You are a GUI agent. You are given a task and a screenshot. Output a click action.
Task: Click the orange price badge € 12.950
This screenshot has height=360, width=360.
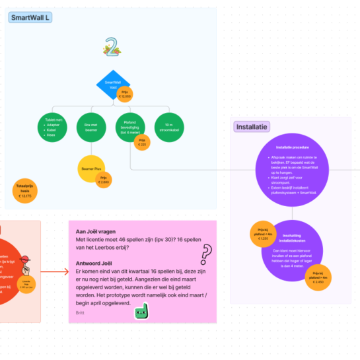point(124,94)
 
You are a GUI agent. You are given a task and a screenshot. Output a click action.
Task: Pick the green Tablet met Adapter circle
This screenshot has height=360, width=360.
point(52,127)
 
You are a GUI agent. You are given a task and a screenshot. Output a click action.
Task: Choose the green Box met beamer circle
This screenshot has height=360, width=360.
point(92,127)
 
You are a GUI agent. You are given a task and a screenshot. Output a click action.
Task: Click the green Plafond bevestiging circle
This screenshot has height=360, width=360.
point(130,127)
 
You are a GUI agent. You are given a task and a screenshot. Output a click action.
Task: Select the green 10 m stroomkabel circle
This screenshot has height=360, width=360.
point(169,127)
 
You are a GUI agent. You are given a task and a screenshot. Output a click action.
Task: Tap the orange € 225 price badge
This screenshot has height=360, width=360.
point(141,142)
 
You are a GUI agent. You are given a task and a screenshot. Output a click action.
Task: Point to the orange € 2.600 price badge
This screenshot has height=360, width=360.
point(104,180)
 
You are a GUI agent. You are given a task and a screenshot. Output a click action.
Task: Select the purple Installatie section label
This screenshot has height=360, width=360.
point(252,126)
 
